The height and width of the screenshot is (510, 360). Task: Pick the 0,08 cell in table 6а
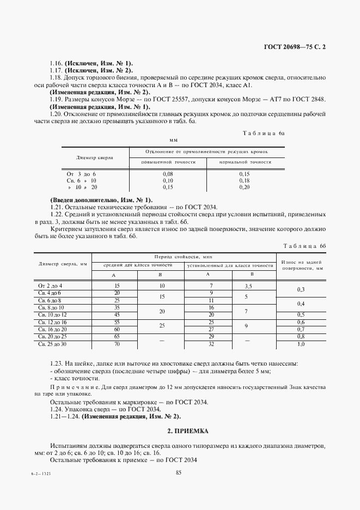pyautogui.click(x=168, y=173)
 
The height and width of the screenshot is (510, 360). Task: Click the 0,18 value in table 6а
pyautogui.click(x=245, y=180)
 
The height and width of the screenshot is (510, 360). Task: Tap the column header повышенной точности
pyautogui.click(x=167, y=162)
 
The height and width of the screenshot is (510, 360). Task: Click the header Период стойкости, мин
pyautogui.click(x=184, y=256)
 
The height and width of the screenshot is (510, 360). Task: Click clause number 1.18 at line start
pyautogui.click(x=56, y=78)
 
